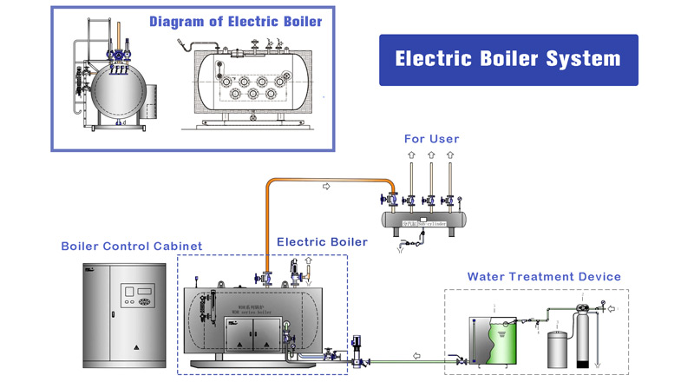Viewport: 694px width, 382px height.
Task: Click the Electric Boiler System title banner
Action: tap(507, 60)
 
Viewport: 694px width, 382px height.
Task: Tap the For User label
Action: tap(431, 139)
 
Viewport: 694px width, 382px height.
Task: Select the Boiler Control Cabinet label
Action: tap(132, 246)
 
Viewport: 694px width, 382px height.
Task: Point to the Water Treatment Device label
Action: tap(544, 276)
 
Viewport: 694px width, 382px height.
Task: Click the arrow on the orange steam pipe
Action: tap(326, 186)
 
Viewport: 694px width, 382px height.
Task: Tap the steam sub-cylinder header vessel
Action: tap(429, 219)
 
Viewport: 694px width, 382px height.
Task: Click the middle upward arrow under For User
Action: tap(431, 159)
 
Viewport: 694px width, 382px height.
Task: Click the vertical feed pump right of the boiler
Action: tap(356, 346)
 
